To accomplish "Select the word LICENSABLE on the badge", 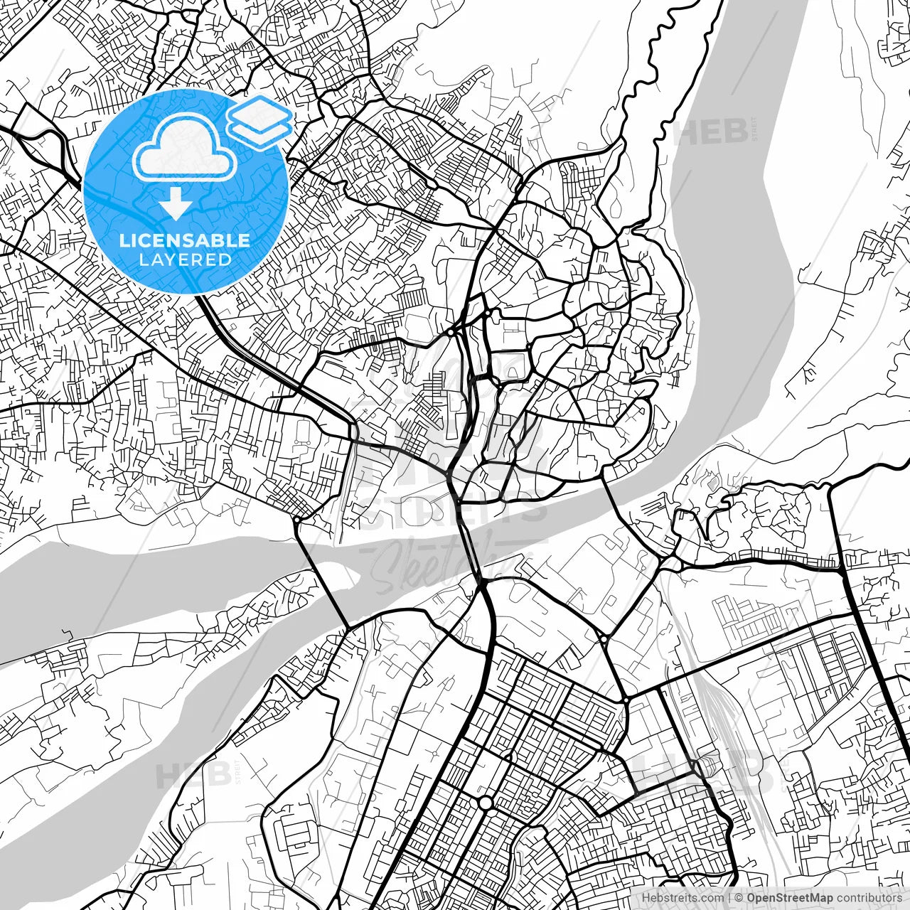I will (185, 240).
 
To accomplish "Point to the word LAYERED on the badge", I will (185, 259).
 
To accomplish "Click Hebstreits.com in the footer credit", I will (682, 898).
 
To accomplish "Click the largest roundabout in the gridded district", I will (486, 803).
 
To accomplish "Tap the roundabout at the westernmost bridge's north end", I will (295, 520).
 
